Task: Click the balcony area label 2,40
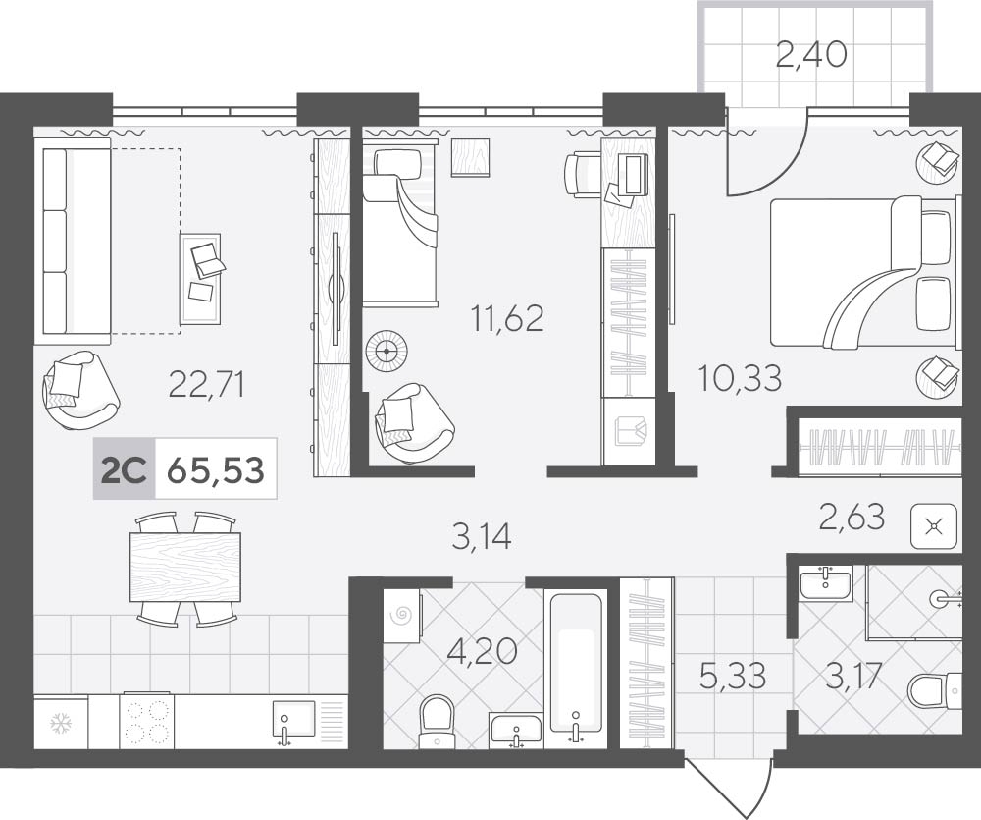click(811, 54)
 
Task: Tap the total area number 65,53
click(216, 469)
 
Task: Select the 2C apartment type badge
click(124, 469)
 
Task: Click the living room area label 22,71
click(206, 384)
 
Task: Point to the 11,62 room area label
click(507, 318)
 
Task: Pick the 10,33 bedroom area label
click(740, 378)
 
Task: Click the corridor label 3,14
click(482, 537)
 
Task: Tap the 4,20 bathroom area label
click(483, 651)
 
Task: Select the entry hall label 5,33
click(733, 677)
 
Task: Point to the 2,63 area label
click(852, 517)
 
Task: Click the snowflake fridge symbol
click(61, 724)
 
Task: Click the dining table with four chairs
click(185, 569)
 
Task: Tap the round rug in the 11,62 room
click(387, 352)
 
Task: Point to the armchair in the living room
click(79, 390)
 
